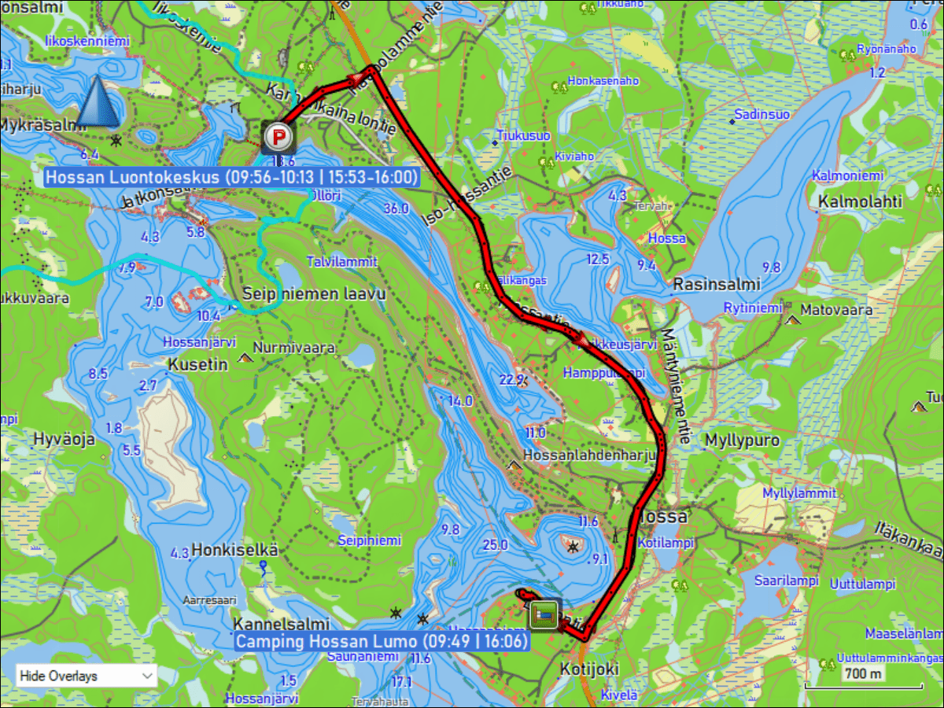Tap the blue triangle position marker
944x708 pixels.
[100, 102]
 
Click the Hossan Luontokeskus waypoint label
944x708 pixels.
[230, 177]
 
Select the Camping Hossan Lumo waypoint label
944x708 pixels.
[382, 641]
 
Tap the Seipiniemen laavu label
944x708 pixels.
[314, 294]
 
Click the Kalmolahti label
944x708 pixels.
[860, 202]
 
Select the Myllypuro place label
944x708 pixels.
[743, 440]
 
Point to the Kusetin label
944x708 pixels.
[197, 364]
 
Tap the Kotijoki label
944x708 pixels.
[589, 669]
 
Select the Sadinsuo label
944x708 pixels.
[761, 115]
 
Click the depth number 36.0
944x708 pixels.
[396, 208]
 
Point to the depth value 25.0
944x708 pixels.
[496, 544]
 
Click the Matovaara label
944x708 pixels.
[836, 310]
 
